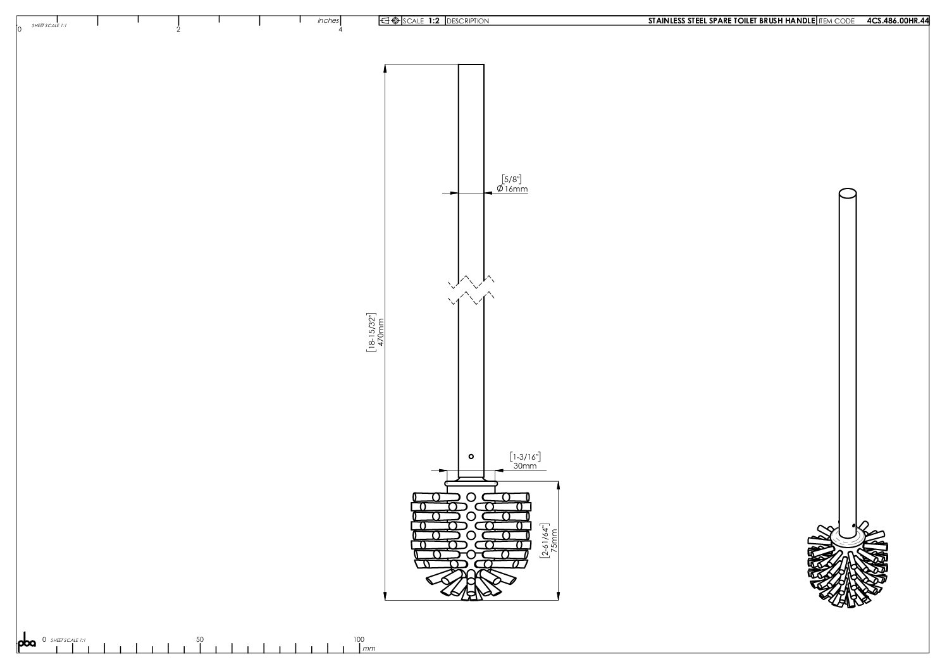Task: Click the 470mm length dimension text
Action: [381, 332]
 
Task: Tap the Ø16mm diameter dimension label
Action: [512, 189]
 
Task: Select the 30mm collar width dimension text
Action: [525, 466]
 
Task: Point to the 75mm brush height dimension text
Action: [554, 541]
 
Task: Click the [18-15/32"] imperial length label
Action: [371, 332]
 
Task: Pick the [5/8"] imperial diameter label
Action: [512, 179]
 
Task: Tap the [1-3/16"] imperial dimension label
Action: [526, 457]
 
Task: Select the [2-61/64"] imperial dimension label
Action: [545, 541]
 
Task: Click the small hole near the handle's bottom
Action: [471, 457]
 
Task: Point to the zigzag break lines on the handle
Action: [471, 290]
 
